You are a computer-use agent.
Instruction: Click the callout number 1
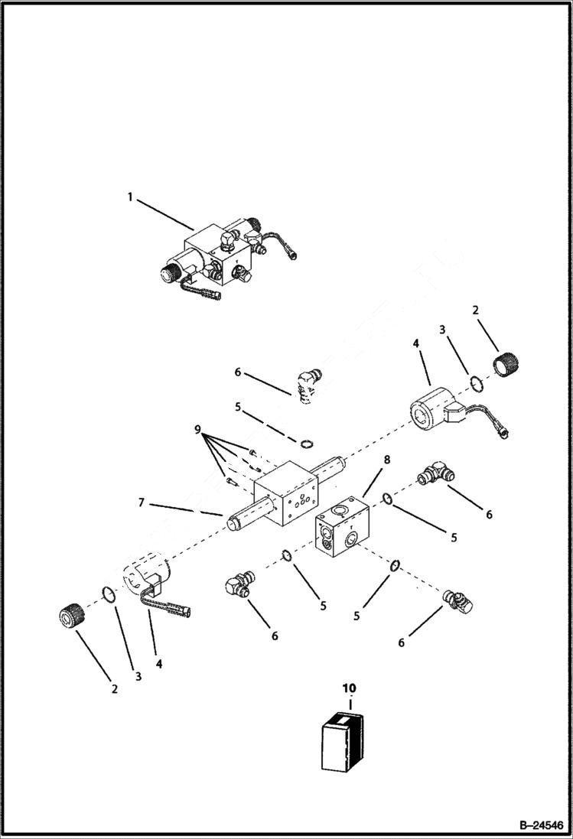click(130, 197)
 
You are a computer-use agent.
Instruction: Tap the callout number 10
click(349, 688)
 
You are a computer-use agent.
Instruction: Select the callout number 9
click(200, 430)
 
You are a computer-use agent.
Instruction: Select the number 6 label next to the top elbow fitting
click(238, 372)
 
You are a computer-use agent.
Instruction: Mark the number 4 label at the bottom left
click(159, 664)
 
